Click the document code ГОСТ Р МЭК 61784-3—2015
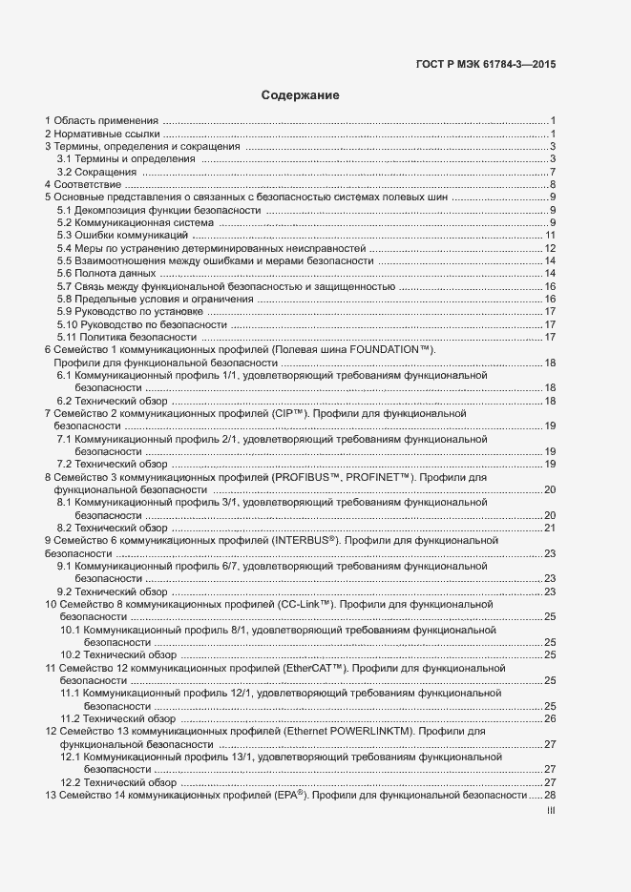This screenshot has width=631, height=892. pos(486,66)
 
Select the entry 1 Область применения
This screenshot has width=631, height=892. pos(102,120)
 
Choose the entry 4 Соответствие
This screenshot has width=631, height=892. pos(83,184)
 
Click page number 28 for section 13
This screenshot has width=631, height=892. pos(550,795)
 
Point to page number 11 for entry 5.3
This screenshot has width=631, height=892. pos(550,235)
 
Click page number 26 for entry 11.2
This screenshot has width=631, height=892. pos(550,718)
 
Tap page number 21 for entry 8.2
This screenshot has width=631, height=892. pos(550,528)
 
